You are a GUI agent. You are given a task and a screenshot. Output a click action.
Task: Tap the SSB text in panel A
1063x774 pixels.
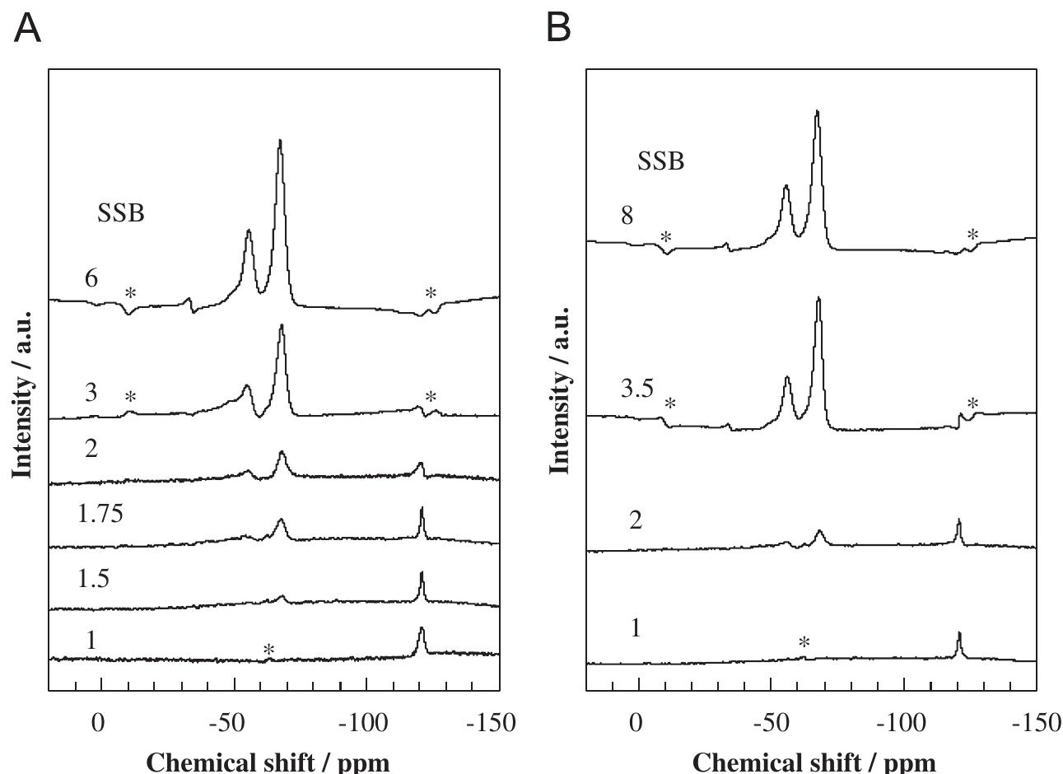tap(121, 214)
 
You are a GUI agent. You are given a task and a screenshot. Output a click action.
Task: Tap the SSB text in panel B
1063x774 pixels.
tap(660, 162)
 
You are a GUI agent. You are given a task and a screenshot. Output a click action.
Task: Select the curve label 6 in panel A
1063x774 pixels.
tap(91, 279)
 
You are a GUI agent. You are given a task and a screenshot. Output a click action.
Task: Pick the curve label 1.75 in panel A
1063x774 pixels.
tap(100, 515)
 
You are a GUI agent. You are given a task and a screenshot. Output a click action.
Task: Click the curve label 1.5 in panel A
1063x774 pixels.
tap(93, 579)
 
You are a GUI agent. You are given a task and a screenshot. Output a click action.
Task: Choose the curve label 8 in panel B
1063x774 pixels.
tap(627, 216)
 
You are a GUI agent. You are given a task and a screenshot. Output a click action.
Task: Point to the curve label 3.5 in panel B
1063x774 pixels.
tap(637, 389)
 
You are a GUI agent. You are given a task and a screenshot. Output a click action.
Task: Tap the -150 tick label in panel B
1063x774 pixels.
tap(1035, 724)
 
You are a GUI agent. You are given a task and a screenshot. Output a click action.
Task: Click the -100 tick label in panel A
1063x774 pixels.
tap(357, 724)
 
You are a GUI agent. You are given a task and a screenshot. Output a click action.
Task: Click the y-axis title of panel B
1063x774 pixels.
tap(560, 389)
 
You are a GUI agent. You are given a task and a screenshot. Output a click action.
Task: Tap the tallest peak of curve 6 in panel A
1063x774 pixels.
tap(280, 142)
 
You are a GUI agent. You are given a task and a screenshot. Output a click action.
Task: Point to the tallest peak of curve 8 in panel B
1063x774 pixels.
tap(817, 112)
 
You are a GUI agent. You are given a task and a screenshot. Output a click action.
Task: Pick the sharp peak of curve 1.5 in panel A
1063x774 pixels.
tap(422, 574)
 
